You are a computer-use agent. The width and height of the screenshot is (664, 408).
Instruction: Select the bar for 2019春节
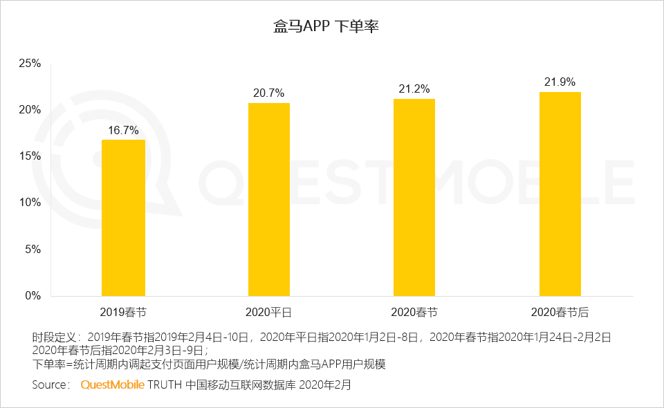tap(123, 218)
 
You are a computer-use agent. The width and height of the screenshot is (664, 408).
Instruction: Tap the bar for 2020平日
tap(269, 199)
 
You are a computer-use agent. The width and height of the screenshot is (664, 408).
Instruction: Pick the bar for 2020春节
tap(414, 197)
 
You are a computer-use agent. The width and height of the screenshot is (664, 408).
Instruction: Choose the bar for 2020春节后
tap(560, 194)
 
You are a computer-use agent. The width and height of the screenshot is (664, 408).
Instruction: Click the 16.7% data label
tap(123, 130)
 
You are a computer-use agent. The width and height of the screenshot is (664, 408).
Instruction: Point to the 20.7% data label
tap(269, 93)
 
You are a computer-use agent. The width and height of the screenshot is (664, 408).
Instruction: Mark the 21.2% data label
tap(414, 89)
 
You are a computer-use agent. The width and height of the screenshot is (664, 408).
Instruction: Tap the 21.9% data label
tap(560, 82)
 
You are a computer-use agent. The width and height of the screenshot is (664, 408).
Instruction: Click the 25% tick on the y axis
tap(30, 64)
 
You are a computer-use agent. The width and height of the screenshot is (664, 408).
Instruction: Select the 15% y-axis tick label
tap(30, 156)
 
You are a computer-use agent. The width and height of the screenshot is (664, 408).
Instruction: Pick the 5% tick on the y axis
tap(33, 249)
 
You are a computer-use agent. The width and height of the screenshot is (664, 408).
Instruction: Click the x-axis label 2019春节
tap(123, 312)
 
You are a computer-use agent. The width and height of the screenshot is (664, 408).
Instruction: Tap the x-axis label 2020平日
tap(269, 312)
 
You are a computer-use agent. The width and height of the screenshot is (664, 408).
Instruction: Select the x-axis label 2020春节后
tap(560, 312)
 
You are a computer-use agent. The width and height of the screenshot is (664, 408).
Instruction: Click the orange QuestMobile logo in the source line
tap(113, 384)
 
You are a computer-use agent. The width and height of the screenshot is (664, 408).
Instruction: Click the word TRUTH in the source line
tap(165, 384)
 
